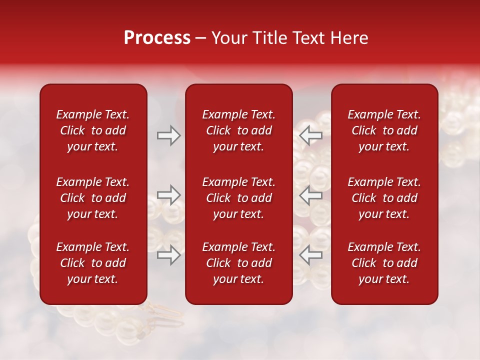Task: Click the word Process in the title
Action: [157, 38]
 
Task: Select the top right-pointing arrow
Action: [168, 135]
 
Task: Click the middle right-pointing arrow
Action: [168, 195]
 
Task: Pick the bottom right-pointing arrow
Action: [168, 255]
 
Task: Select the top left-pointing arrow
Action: [310, 135]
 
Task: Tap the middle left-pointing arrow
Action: [310, 195]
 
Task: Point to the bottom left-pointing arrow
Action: [310, 255]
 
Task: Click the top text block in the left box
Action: [93, 130]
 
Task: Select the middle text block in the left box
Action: [93, 198]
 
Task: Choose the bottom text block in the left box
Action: [93, 263]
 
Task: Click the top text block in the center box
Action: [239, 130]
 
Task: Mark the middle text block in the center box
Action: [239, 198]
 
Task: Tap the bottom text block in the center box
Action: [239, 263]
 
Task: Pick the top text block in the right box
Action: [384, 130]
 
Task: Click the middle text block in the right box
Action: [384, 198]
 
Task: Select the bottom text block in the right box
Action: [384, 263]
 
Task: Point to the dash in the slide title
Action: [201, 38]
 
